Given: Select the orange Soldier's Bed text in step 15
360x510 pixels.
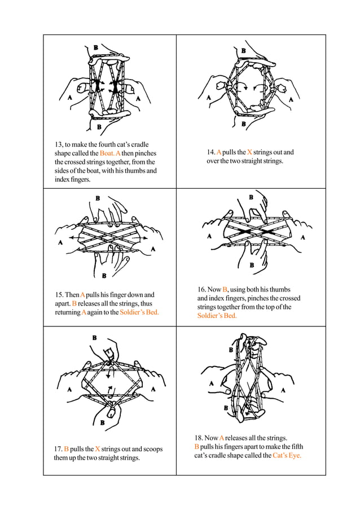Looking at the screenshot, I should (139, 312).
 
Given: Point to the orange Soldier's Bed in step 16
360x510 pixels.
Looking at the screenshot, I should (217, 316).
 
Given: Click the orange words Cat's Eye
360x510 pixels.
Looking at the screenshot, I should (287, 455).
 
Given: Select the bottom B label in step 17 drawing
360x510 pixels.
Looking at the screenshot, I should (102, 421).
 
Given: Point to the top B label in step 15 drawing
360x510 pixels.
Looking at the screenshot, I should (98, 198).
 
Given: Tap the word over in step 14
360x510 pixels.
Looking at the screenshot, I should (213, 161).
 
